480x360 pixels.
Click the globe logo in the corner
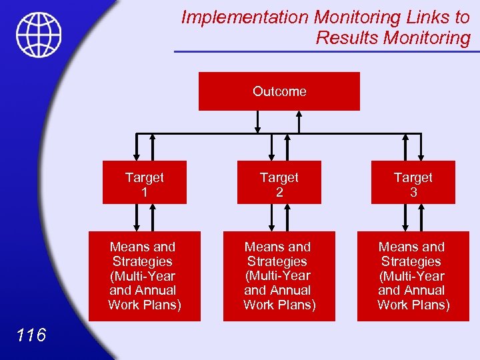click(39, 35)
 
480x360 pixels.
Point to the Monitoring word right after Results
click(427, 38)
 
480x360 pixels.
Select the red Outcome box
click(279, 91)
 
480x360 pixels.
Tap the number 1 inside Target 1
click(144, 193)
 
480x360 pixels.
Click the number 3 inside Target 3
click(413, 193)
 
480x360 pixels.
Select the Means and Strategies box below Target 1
click(144, 276)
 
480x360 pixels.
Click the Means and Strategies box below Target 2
click(278, 276)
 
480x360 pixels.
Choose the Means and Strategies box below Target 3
click(413, 276)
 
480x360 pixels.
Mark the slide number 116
click(31, 335)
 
